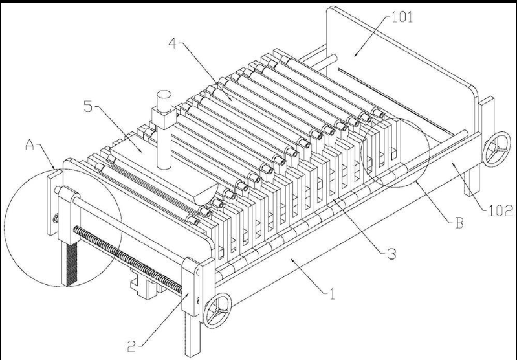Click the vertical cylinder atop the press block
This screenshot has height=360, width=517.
pos(162,101)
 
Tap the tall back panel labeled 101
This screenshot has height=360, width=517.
pos(395,65)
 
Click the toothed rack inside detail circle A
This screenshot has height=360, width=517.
pos(69,259)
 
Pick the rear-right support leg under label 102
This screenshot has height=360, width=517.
pos(470,185)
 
